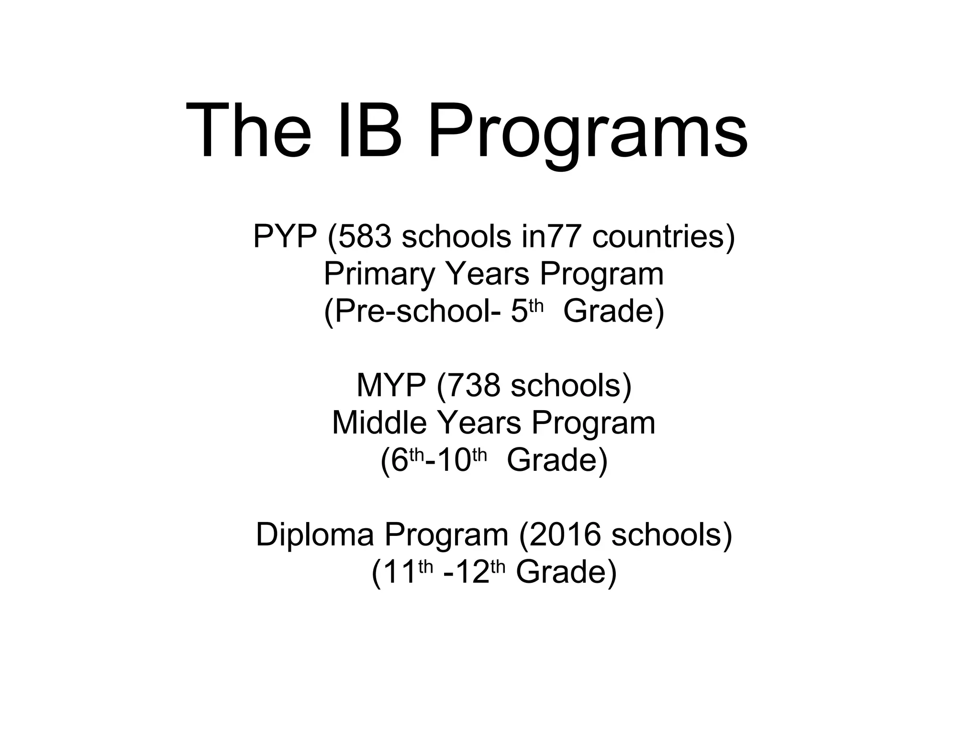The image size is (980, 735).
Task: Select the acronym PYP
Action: pos(285,236)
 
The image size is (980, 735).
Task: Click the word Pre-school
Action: pos(412,312)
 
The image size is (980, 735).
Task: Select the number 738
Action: pos(474,386)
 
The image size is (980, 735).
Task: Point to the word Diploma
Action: pos(314,535)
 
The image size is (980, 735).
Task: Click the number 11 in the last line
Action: pos(400,572)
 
